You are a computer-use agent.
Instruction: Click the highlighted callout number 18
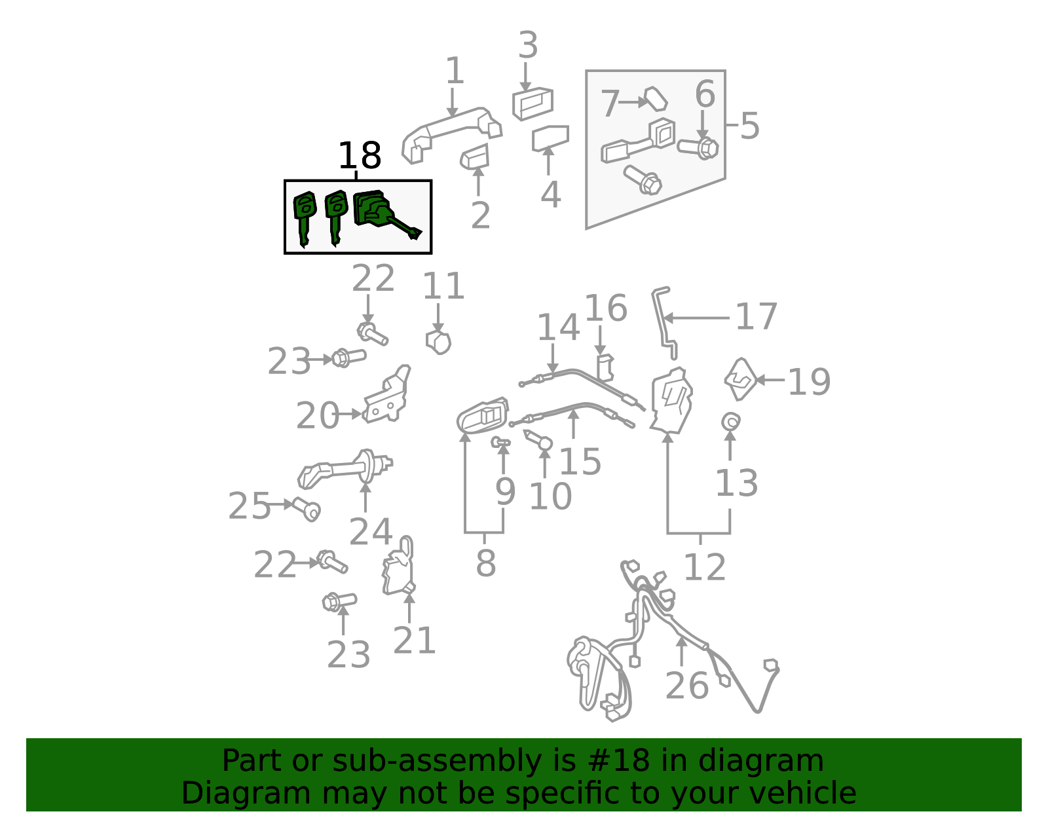pyautogui.click(x=360, y=155)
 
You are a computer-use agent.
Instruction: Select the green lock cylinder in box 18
pyautogui.click(x=383, y=213)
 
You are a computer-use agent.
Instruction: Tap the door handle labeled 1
pyautogui.click(x=452, y=134)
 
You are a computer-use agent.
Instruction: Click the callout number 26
pyautogui.click(x=687, y=686)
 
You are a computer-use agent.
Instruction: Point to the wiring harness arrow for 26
pyautogui.click(x=681, y=652)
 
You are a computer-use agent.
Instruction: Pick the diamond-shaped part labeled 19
pyautogui.click(x=740, y=379)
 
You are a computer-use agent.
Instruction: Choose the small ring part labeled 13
pyautogui.click(x=731, y=422)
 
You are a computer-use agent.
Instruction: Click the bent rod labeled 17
pyautogui.click(x=664, y=323)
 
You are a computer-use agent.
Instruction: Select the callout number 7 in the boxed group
pyautogui.click(x=610, y=103)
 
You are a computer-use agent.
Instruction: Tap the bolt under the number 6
pyautogui.click(x=698, y=148)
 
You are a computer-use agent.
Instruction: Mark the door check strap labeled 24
pyautogui.click(x=345, y=469)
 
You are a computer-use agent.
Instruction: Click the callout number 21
pyautogui.click(x=414, y=640)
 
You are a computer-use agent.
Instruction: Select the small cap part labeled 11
pyautogui.click(x=438, y=343)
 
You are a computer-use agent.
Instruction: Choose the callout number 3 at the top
pyautogui.click(x=528, y=45)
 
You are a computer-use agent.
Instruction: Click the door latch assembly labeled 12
pyautogui.click(x=671, y=400)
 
